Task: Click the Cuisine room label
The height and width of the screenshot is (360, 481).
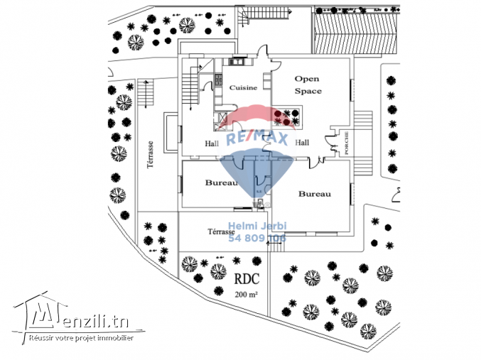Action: [x=243, y=87]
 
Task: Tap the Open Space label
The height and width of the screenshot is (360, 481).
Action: [x=308, y=85]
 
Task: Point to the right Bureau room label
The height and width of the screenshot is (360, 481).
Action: [x=313, y=193]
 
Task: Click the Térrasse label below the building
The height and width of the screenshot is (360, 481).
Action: [x=221, y=231]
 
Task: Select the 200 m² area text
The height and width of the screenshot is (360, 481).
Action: [x=246, y=293]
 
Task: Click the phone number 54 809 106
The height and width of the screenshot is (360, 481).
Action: [x=256, y=239]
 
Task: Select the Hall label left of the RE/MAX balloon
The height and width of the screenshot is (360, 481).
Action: [x=211, y=143]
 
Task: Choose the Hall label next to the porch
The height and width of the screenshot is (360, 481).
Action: [x=301, y=143]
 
